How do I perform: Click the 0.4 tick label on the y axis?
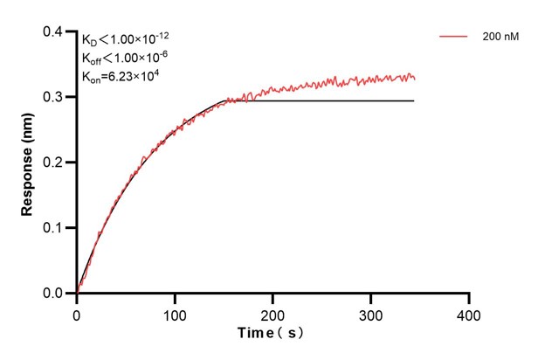[54, 32]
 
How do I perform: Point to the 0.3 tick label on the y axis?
[54, 97]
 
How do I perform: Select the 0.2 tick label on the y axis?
[54, 163]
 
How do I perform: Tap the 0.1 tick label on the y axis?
[54, 228]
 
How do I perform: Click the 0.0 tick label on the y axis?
[54, 294]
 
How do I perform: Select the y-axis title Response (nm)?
[28, 163]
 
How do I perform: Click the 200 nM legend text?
[499, 38]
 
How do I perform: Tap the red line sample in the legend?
[454, 38]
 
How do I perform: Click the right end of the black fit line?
[413, 100]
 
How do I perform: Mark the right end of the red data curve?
[415, 80]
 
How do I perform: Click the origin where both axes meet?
[77, 294]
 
